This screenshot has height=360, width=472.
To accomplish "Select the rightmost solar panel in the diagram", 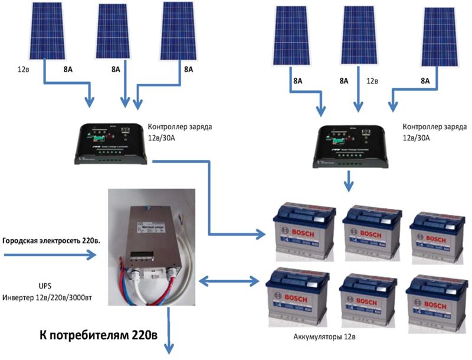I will [439, 37].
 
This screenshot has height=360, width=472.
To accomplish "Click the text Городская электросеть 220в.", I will [51, 241].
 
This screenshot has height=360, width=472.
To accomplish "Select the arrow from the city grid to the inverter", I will [50, 255].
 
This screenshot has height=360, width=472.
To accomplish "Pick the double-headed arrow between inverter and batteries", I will [230, 280].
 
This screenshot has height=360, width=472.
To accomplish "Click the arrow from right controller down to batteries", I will [349, 181].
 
